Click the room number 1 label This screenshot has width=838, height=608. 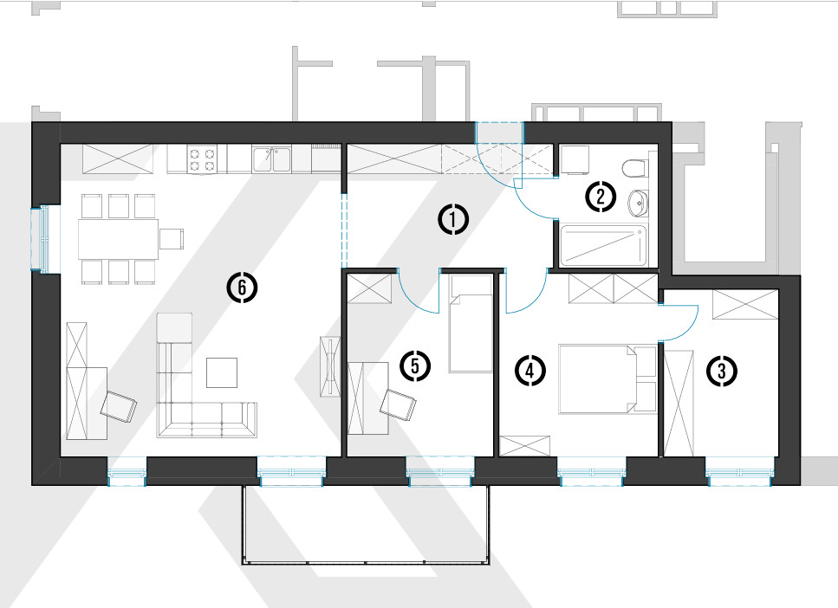[453, 220]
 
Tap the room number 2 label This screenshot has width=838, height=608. [601, 197]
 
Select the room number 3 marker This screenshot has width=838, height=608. [722, 370]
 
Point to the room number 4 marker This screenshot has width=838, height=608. [529, 370]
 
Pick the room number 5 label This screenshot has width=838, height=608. [415, 366]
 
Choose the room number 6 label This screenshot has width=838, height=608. [242, 288]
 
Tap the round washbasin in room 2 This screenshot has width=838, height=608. [638, 203]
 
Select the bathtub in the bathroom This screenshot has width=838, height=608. [603, 246]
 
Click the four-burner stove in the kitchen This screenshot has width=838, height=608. [202, 159]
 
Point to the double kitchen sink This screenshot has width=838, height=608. [271, 159]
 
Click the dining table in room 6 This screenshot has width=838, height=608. [118, 239]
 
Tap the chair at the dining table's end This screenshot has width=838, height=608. [172, 239]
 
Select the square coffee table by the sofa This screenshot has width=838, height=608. [222, 372]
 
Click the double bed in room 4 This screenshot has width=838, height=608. [599, 378]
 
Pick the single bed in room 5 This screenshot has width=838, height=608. [471, 324]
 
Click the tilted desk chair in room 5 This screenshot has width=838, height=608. [398, 404]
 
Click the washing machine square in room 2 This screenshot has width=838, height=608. [575, 159]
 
